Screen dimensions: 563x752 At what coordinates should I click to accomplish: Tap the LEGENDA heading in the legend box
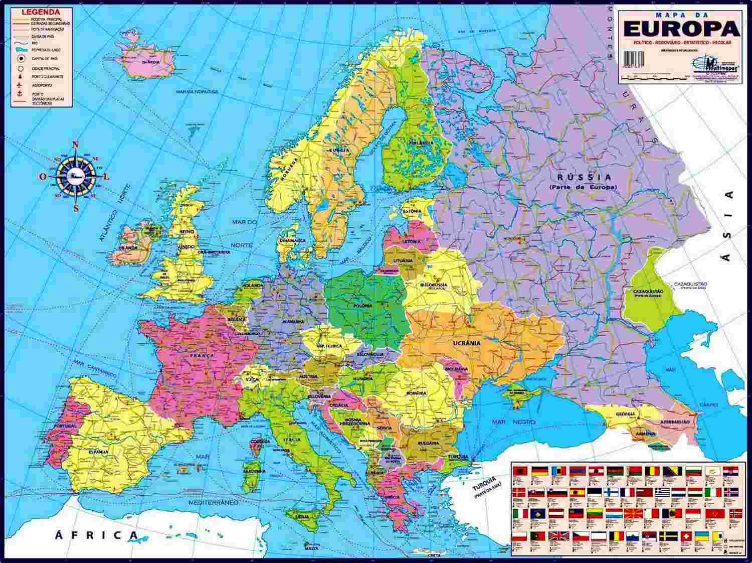41,12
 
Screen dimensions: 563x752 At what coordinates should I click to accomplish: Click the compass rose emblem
76,176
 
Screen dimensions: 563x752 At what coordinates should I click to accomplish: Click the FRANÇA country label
202,355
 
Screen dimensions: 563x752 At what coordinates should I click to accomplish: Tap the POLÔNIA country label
362,305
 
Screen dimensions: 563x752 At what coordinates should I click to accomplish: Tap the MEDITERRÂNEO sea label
214,502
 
